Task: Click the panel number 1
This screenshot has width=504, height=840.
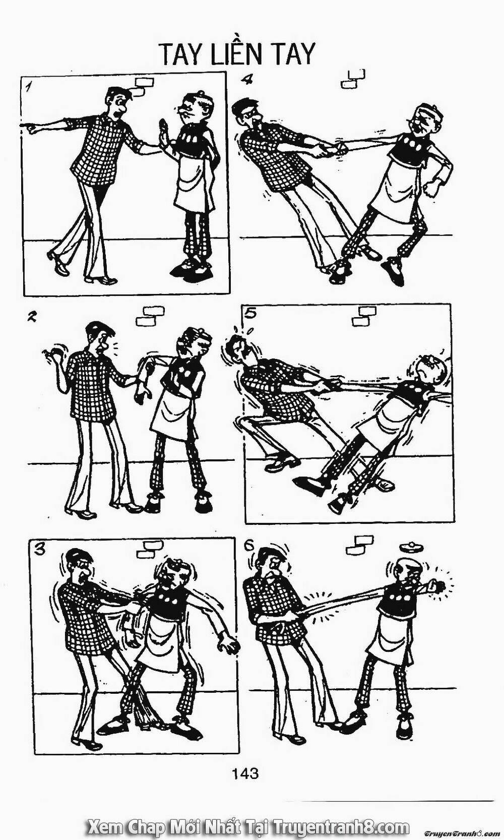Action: (x=27, y=88)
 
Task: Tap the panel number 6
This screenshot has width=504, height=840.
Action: (x=248, y=547)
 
